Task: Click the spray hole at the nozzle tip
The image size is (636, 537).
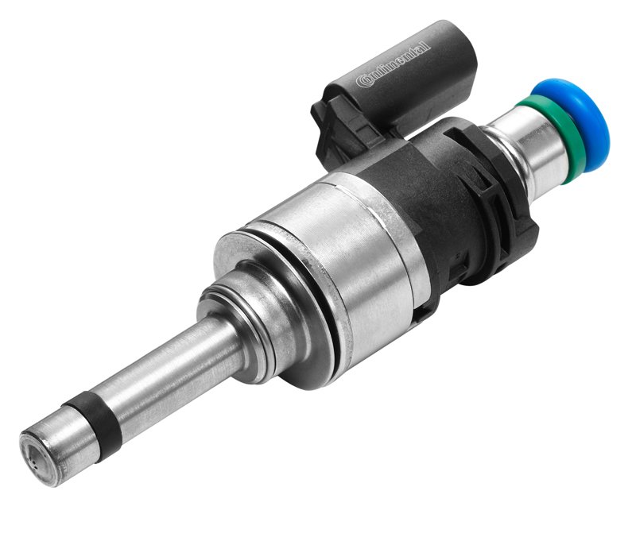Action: tap(36, 466)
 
